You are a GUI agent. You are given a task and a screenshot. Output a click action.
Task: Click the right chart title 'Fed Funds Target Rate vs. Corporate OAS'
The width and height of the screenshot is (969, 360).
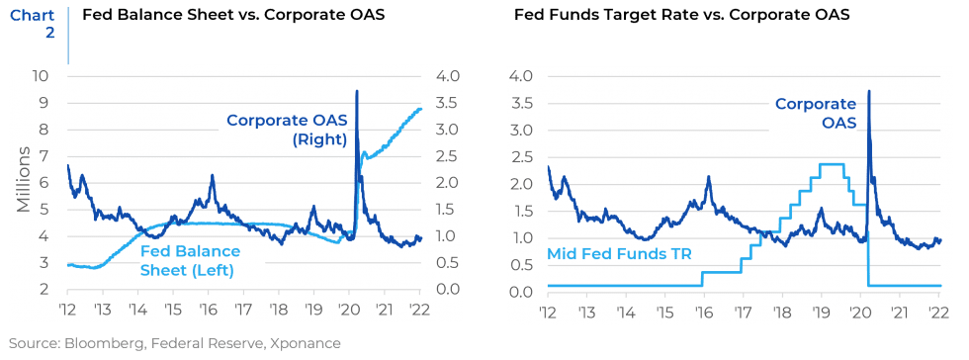tap(682, 16)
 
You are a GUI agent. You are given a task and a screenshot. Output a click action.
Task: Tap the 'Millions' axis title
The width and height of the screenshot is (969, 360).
tap(24, 183)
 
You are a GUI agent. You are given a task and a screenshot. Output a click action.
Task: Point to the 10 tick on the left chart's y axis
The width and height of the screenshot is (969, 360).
tap(40, 76)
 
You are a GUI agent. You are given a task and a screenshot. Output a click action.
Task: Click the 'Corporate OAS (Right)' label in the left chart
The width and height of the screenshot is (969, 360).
tap(286, 130)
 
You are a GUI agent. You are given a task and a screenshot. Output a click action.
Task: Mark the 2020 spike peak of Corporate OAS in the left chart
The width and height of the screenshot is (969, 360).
tap(356, 92)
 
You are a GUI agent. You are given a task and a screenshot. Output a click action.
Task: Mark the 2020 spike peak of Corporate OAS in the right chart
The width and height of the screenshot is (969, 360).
tap(868, 92)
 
